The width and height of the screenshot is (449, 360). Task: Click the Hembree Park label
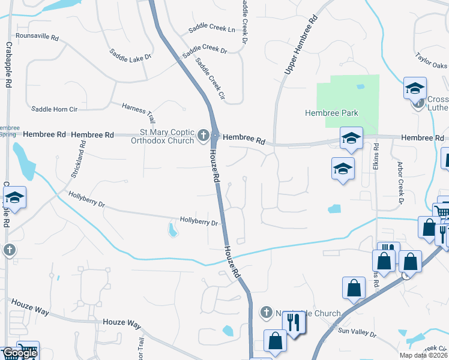(331, 113)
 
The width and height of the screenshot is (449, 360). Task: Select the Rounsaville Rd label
(37, 37)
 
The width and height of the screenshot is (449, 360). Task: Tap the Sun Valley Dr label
(357, 331)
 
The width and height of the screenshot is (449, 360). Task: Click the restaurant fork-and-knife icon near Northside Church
(294, 324)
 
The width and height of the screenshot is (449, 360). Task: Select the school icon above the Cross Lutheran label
(415, 88)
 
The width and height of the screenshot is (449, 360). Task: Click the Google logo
(19, 353)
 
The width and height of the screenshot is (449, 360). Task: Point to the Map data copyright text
(423, 356)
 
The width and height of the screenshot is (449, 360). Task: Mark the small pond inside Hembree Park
(360, 86)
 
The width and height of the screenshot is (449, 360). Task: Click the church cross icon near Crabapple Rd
(9, 250)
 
